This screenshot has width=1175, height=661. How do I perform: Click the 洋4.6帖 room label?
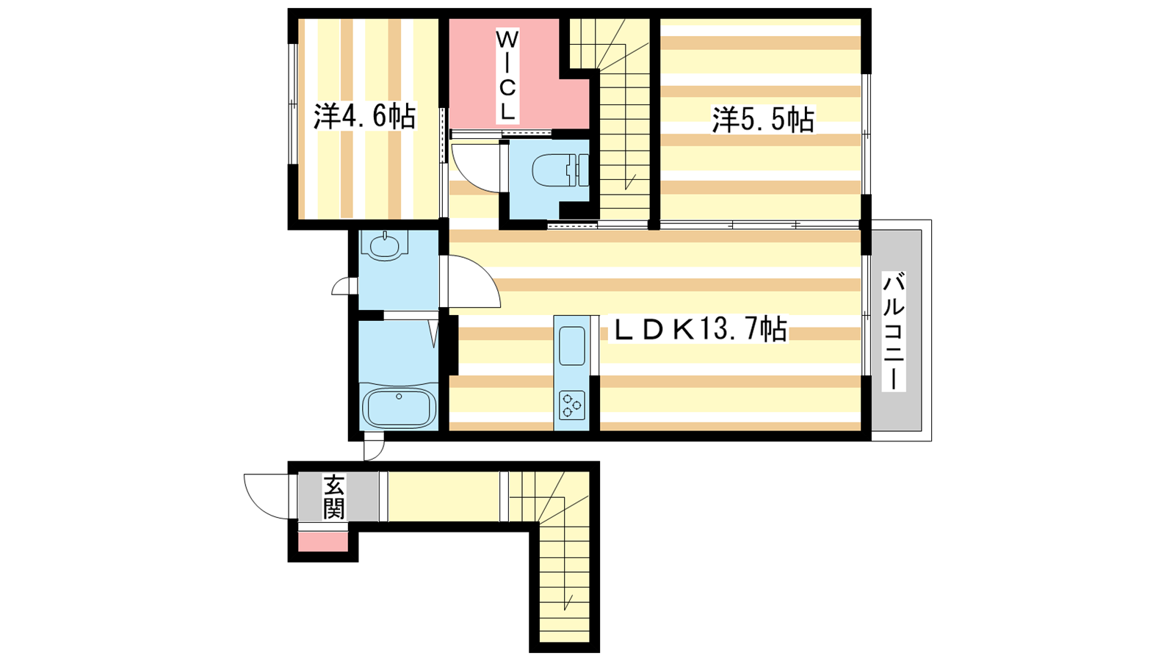(364, 117)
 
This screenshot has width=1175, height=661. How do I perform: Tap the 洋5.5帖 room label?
(763, 120)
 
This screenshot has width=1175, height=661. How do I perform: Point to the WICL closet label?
(507, 75)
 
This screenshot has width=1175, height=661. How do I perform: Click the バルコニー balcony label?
(893, 331)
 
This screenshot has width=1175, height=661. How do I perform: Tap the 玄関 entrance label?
(333, 496)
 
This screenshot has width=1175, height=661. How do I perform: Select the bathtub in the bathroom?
(399, 407)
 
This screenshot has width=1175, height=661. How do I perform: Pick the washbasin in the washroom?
(385, 245)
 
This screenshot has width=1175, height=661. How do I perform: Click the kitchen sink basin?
(572, 345)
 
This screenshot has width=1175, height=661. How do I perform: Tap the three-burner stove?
(572, 405)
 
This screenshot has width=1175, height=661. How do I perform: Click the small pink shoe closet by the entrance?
(324, 541)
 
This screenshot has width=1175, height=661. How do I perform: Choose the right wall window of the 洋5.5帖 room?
(866, 134)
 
